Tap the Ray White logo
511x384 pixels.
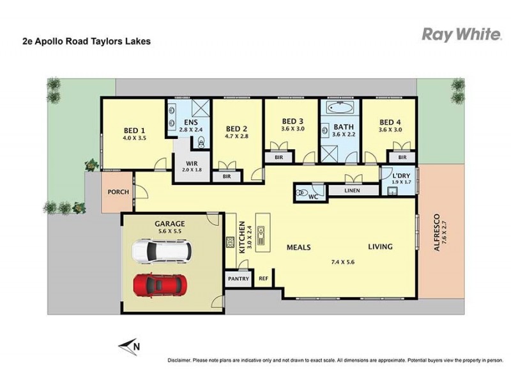tap(461, 35)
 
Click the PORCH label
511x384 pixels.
tap(118, 192)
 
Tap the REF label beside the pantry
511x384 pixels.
tap(263, 279)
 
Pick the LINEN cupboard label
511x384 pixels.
tap(351, 191)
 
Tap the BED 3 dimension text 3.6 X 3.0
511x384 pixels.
tap(293, 129)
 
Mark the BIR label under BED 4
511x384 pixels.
tap(402, 157)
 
